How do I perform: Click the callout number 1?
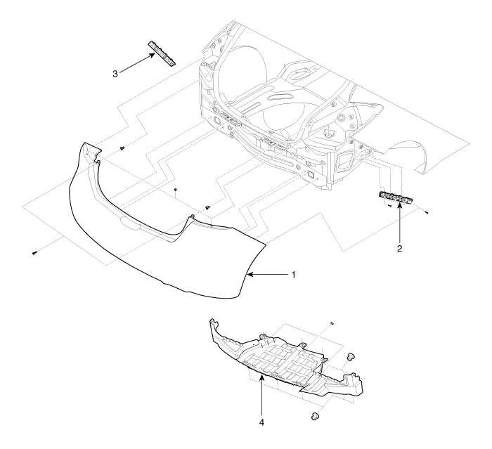tap(294, 275)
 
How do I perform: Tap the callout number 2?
tap(399, 249)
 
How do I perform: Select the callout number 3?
tap(115, 74)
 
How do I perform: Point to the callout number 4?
tap(261, 422)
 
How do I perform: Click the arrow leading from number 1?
tap(267, 275)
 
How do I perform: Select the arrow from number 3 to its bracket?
tap(138, 63)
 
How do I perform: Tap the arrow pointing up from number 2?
tap(400, 223)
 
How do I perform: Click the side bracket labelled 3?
tap(162, 53)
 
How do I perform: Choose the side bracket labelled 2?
tap(396, 197)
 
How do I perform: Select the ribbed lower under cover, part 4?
tap(286, 360)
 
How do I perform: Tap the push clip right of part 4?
tap(351, 356)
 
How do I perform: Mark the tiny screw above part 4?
tap(332, 323)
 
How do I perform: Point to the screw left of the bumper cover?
tap(34, 253)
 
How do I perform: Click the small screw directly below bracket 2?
tap(389, 206)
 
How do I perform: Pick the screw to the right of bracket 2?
tap(427, 213)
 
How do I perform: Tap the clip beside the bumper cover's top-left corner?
tap(123, 148)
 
